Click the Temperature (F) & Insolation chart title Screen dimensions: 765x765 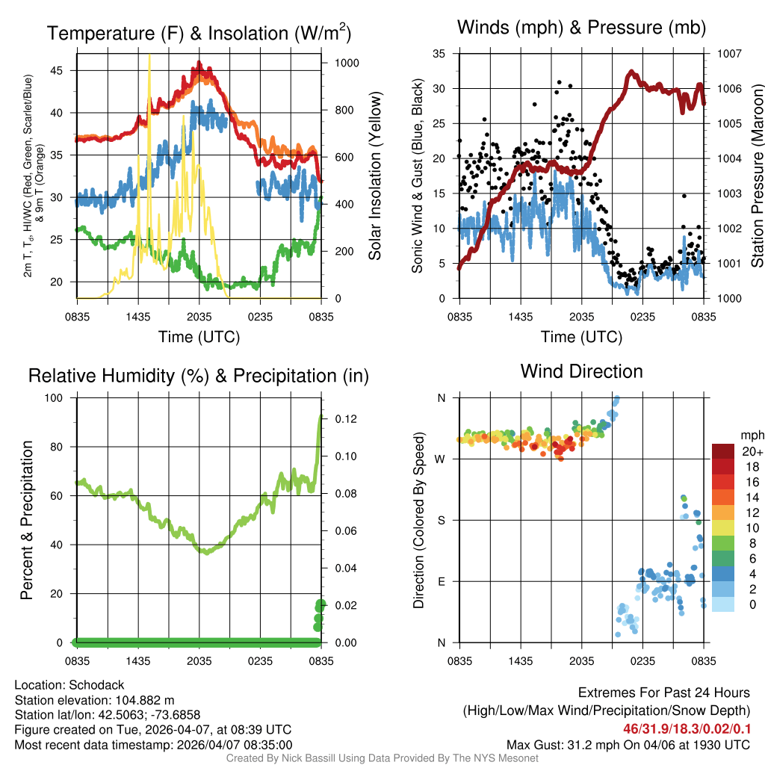(199, 33)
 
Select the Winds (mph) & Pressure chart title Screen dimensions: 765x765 (581, 28)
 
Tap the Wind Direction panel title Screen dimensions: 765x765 (581, 371)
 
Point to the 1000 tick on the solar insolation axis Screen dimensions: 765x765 (346, 63)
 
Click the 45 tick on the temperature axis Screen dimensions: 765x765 (65, 70)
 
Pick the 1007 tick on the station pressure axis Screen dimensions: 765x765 (728, 54)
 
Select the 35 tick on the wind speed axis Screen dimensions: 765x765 (439, 54)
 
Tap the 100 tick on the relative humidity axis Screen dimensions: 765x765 (59, 398)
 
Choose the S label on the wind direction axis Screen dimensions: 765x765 (441, 520)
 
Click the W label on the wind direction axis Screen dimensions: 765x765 (441, 459)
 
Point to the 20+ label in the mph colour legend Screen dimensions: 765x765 (752, 451)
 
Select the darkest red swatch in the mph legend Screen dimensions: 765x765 (724, 450)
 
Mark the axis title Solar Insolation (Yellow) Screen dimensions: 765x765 (375, 176)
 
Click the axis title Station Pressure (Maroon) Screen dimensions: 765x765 (757, 176)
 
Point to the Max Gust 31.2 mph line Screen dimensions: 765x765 (628, 744)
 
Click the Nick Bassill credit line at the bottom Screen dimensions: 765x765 (382, 758)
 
